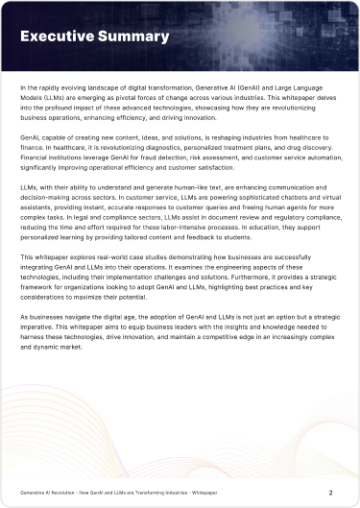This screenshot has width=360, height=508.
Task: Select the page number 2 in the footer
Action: click(x=331, y=493)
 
